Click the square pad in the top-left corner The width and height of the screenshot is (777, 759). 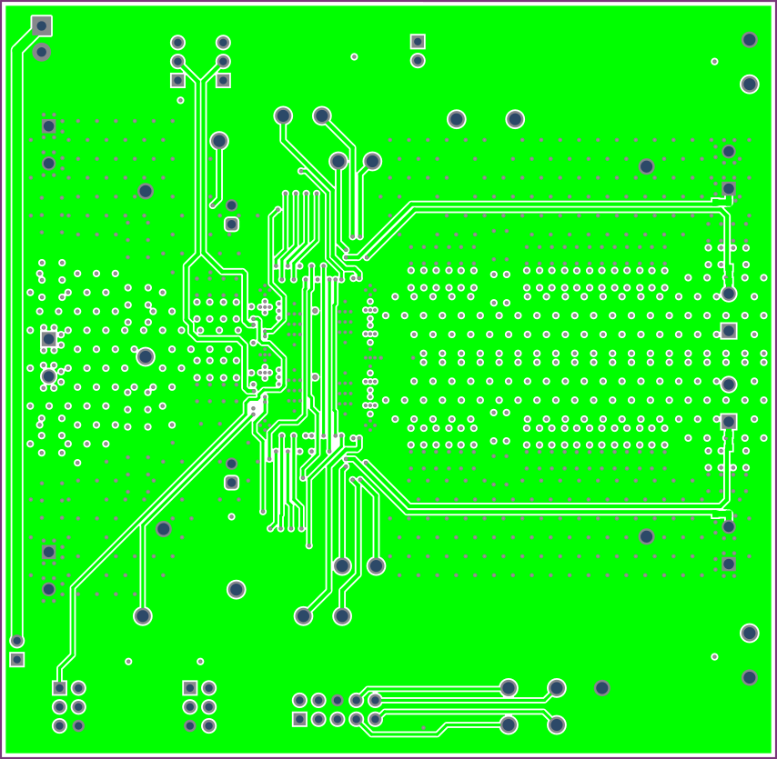point(41,25)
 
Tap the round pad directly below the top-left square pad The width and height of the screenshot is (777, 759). point(41,52)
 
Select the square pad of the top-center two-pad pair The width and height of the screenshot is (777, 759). point(418,41)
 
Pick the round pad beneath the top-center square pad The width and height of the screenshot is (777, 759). point(418,61)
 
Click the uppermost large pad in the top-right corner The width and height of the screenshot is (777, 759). point(749,40)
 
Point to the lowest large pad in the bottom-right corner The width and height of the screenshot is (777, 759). point(749,677)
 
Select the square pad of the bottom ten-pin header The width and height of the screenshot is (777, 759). point(299,719)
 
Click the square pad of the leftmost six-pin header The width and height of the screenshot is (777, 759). point(59,688)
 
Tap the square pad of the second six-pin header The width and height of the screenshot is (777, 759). point(189,688)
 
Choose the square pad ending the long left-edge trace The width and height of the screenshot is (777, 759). point(16,659)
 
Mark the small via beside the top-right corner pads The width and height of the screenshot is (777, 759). point(714,62)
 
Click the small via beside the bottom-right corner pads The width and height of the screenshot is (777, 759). point(714,656)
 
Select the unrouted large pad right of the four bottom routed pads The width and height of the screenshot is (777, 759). point(601,688)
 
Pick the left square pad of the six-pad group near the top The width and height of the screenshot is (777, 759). point(177,80)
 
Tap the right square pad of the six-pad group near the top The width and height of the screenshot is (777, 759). point(223,80)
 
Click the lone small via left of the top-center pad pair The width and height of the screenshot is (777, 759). point(354,57)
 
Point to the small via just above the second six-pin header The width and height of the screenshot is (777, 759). point(200,662)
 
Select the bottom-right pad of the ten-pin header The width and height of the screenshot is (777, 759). point(375,719)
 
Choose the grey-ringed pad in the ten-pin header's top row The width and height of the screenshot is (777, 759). point(338,700)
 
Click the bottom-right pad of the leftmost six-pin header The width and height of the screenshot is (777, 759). point(78,725)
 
